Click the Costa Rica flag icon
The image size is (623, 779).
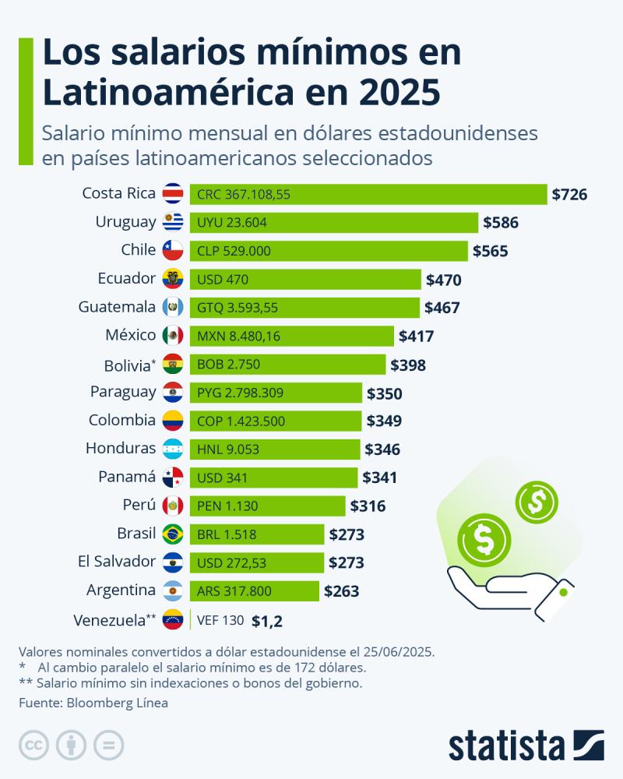(173, 194)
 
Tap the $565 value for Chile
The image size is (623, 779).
(490, 251)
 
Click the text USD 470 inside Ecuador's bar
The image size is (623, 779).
(223, 279)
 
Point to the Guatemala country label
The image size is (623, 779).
(117, 307)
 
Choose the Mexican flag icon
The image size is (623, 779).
(173, 336)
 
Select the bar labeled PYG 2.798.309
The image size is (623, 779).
(276, 393)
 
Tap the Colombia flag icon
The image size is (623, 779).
(173, 421)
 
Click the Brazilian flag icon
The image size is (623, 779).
(173, 534)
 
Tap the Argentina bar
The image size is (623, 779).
(254, 590)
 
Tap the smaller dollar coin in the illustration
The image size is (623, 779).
(537, 502)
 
